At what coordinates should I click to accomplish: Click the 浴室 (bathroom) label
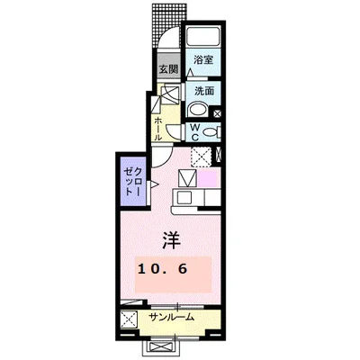pos(202,59)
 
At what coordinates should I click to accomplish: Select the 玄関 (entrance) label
pos(168,69)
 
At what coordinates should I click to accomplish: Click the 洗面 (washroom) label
pos(202,91)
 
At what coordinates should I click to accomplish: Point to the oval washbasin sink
pos(198,111)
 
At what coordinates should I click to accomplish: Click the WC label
pos(193,131)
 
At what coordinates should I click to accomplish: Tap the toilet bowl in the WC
pos(209,132)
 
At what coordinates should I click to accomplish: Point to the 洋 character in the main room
pos(172,239)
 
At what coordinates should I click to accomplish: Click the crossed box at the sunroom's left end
pos(130,318)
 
